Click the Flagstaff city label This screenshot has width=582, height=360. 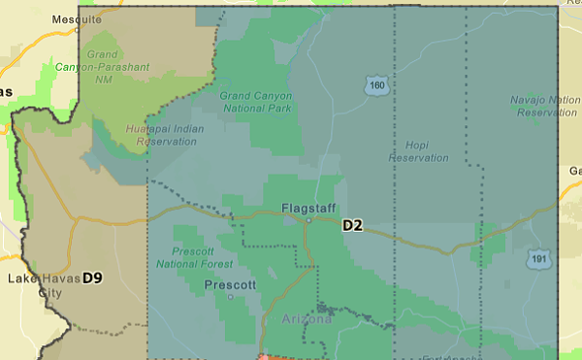pos(307,208)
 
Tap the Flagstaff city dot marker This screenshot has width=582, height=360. pos(307,220)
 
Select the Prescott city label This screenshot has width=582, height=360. pos(230,285)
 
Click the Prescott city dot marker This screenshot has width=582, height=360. pos(230,297)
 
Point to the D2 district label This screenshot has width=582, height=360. pos(352,226)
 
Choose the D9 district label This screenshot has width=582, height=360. pos(92,278)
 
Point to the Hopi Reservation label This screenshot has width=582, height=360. pos(419,150)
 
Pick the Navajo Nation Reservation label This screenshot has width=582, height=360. pos(544,106)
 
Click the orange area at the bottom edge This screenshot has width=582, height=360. pos(265,357)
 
